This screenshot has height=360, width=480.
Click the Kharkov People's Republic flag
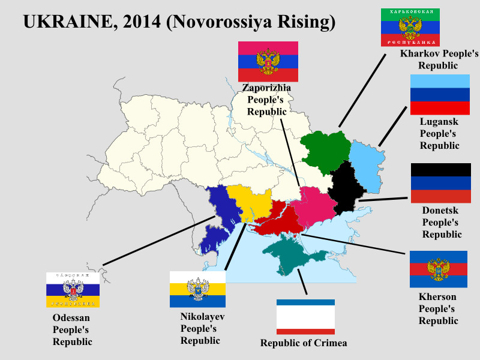(x=411, y=28)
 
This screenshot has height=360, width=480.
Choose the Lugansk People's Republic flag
(x=439, y=94)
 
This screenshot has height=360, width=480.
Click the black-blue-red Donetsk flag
(x=440, y=183)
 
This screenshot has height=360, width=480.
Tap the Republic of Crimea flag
(x=305, y=317)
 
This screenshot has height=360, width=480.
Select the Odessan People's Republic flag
(x=73, y=290)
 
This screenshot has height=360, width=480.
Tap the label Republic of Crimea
(x=304, y=343)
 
